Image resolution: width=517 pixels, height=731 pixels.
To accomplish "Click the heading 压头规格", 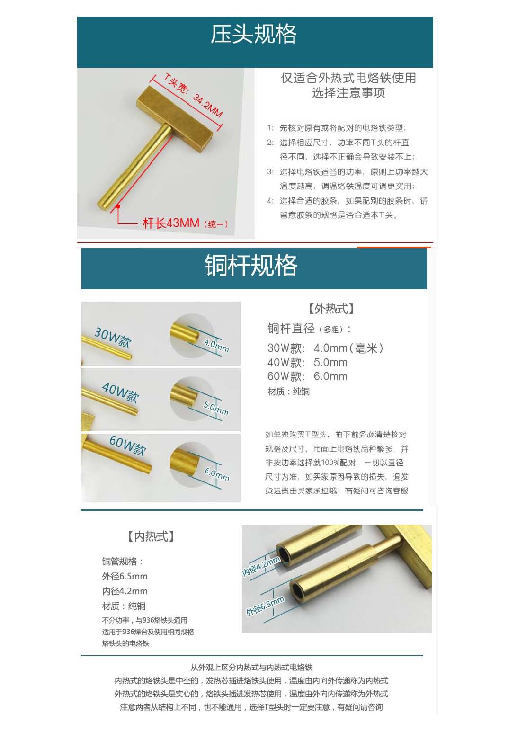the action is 253,34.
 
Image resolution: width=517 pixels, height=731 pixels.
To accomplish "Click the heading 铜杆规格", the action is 250,265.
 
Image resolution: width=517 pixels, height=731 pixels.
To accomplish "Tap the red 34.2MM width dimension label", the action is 207,105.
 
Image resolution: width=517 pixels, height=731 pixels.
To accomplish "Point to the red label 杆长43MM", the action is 171,223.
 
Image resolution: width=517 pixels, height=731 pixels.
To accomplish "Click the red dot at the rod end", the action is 118,206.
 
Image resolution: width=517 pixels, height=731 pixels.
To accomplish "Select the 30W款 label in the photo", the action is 113,338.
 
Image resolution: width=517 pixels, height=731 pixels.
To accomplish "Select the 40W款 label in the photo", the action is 120,392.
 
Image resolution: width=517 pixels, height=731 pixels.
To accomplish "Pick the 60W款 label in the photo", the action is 127,446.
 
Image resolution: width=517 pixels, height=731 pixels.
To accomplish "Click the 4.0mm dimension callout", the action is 216,346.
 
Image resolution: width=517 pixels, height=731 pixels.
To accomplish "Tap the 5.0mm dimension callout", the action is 216,408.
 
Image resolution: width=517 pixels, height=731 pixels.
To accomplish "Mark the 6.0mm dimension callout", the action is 217,474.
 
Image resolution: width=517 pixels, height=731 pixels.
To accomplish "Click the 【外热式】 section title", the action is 331,308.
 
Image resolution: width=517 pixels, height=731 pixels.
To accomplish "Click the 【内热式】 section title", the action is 151,536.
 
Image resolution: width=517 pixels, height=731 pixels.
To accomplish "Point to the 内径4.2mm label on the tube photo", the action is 261,566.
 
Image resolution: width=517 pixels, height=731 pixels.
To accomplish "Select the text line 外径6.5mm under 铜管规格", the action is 125,576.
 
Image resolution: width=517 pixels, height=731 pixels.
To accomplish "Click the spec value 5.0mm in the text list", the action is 330,362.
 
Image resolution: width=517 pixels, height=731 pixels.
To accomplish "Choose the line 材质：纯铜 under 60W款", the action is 288,391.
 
